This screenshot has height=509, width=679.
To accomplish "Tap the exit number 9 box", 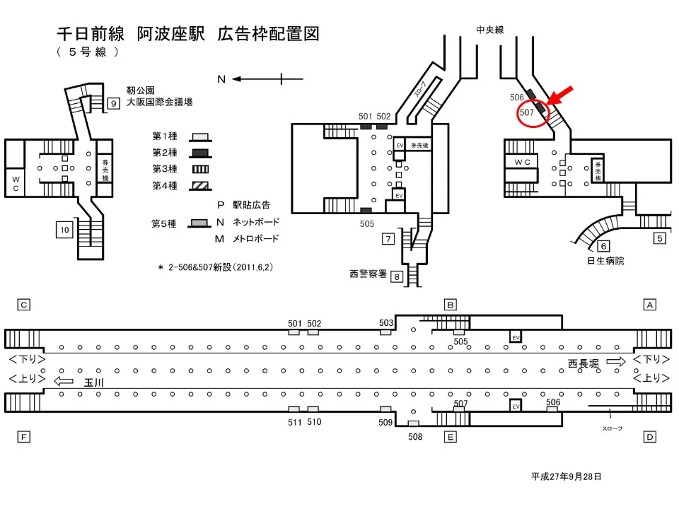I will (x=113, y=104).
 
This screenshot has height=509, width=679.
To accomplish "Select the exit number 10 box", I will (x=64, y=229).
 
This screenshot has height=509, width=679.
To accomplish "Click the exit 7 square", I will (x=388, y=238).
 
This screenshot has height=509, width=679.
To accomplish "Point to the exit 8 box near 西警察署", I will (x=397, y=276).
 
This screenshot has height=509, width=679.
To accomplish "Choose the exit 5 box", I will (x=659, y=238).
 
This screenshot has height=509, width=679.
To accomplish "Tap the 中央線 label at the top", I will (x=489, y=29).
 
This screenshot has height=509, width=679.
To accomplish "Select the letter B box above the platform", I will (x=450, y=305).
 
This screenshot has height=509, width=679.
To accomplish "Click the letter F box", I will (x=24, y=437).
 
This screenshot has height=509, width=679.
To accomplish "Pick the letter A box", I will (x=649, y=305).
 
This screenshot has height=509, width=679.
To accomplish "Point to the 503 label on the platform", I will (x=386, y=322).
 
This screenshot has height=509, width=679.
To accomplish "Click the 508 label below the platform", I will (x=415, y=437).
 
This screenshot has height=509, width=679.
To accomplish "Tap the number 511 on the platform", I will (x=295, y=422).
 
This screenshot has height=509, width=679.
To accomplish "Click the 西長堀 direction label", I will (x=585, y=363).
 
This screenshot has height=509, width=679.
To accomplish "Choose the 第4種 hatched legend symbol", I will (x=200, y=187).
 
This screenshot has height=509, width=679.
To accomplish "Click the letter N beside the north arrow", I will (x=221, y=79).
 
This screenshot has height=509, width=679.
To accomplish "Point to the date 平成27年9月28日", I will (x=566, y=476).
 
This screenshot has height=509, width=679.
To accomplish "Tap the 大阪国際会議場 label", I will (x=159, y=103).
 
